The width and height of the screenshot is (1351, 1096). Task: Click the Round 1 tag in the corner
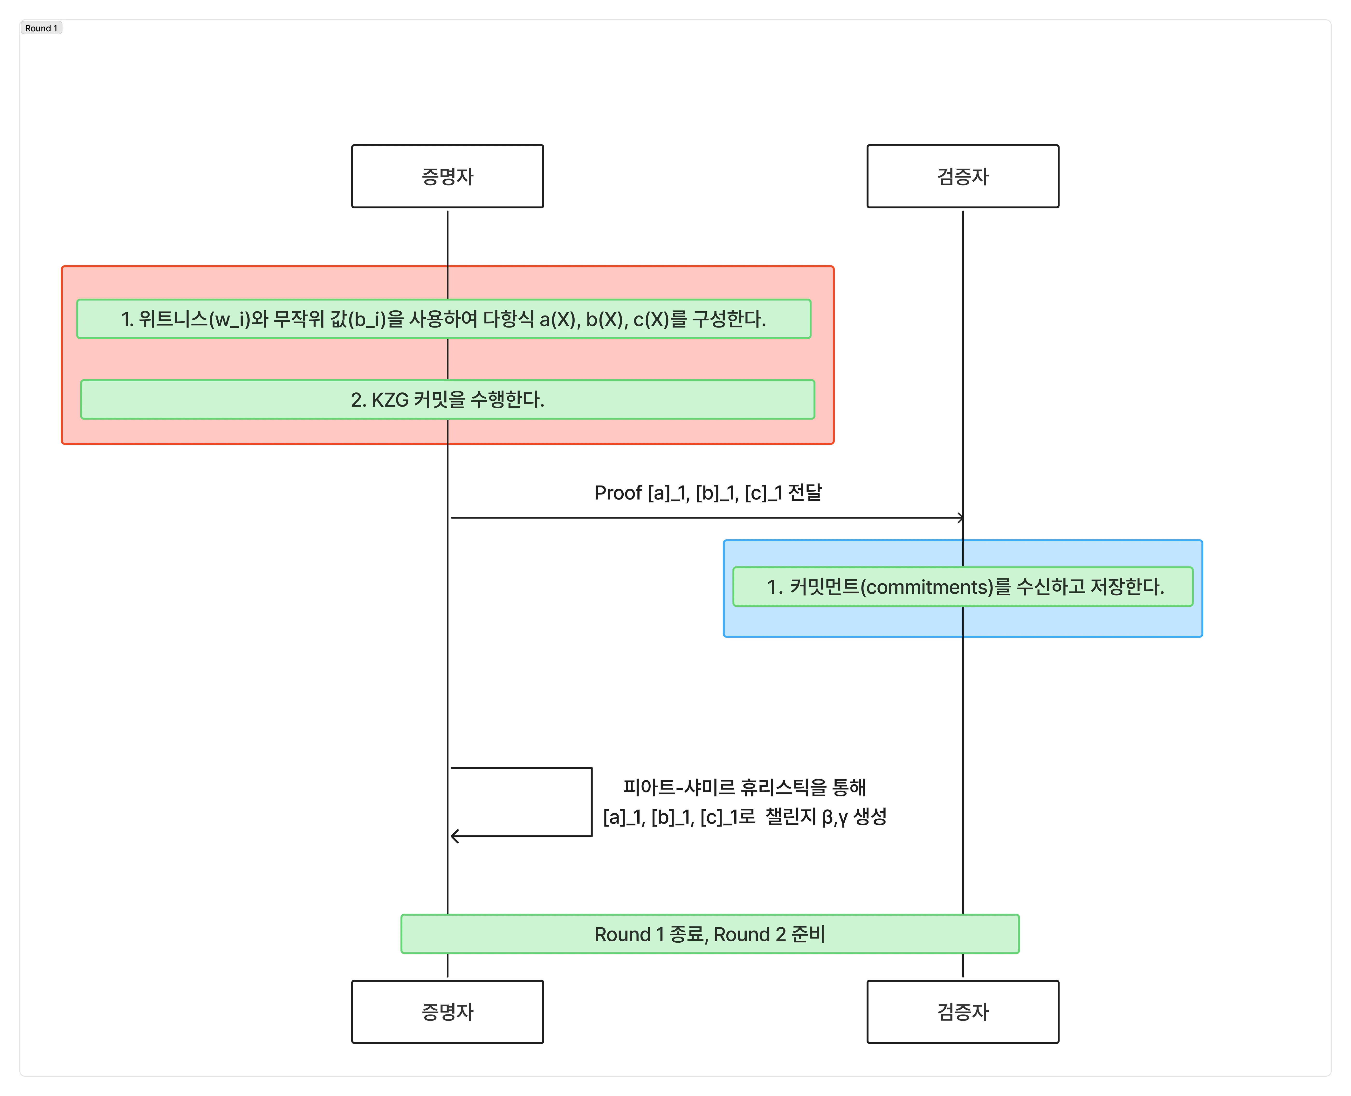(x=41, y=28)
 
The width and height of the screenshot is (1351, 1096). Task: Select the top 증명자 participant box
(x=448, y=176)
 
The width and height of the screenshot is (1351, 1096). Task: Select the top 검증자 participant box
(x=963, y=176)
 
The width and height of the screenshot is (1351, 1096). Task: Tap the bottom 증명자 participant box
(x=448, y=1011)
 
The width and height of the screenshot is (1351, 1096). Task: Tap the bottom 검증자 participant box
(x=963, y=1011)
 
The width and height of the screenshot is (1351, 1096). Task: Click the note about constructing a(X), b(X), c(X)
(x=444, y=319)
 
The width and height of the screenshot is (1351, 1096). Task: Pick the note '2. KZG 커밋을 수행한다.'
(x=448, y=399)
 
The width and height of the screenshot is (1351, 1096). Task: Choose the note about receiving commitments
(x=963, y=587)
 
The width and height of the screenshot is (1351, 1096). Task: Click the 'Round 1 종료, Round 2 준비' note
(x=710, y=934)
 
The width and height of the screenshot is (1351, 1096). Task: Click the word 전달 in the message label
(x=806, y=493)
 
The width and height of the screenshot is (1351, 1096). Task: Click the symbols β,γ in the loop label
(x=834, y=817)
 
